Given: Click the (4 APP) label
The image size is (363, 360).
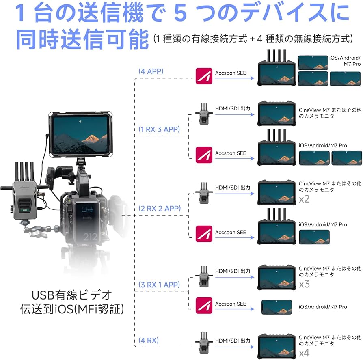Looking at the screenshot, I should click(151, 71).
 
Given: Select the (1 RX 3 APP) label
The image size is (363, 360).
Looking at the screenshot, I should click(159, 129).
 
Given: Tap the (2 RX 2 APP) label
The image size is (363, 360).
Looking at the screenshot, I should click(160, 209).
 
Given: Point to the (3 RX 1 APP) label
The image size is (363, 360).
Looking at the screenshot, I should click(159, 285).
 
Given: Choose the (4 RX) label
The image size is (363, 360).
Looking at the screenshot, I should click(148, 340).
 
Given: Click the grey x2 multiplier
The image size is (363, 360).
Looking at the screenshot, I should click(304, 199).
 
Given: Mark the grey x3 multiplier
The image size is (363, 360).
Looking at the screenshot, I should click(304, 284).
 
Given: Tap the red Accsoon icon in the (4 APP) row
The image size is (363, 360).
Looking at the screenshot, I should click(204, 76).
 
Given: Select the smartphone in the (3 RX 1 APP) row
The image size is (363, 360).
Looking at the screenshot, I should click(277, 307).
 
